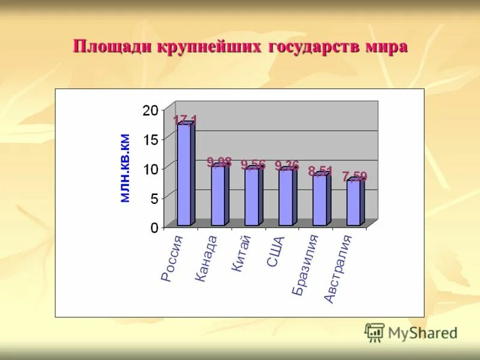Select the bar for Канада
pyautogui.click(x=218, y=195)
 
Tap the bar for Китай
pyautogui.click(x=252, y=197)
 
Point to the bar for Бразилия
pyautogui.click(x=320, y=200)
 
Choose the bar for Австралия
pyautogui.click(x=354, y=203)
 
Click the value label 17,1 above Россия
pyautogui.click(x=185, y=121)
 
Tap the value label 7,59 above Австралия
pyautogui.click(x=355, y=176)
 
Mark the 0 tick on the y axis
pyautogui.click(x=154, y=228)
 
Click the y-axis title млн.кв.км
pyautogui.click(x=125, y=168)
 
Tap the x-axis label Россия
pyautogui.click(x=172, y=259)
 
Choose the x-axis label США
pyautogui.click(x=276, y=252)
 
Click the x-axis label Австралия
pyautogui.click(x=338, y=269)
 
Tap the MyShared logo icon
pyautogui.click(x=374, y=332)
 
